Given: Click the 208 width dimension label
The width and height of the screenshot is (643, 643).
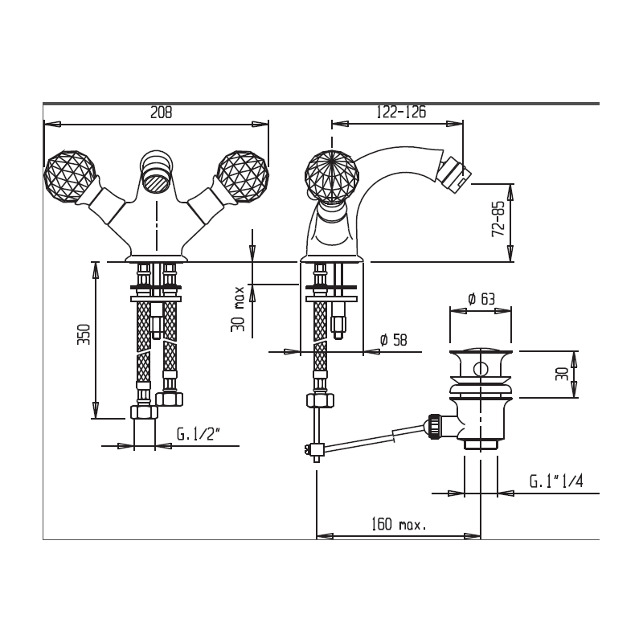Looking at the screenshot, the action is (x=162, y=112).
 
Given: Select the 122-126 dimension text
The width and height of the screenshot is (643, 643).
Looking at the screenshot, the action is (x=401, y=112).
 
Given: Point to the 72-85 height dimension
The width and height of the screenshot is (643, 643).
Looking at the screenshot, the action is (x=498, y=219).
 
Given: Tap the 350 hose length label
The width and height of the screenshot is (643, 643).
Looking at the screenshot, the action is (x=84, y=334).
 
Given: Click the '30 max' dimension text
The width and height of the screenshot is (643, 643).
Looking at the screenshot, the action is (x=237, y=309).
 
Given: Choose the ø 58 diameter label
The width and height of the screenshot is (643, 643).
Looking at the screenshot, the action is (x=394, y=339).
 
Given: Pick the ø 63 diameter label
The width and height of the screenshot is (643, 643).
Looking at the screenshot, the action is (x=481, y=299).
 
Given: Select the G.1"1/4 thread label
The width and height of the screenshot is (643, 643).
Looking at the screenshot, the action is (x=556, y=481).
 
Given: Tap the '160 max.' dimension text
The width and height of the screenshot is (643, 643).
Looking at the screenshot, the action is (x=399, y=524).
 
